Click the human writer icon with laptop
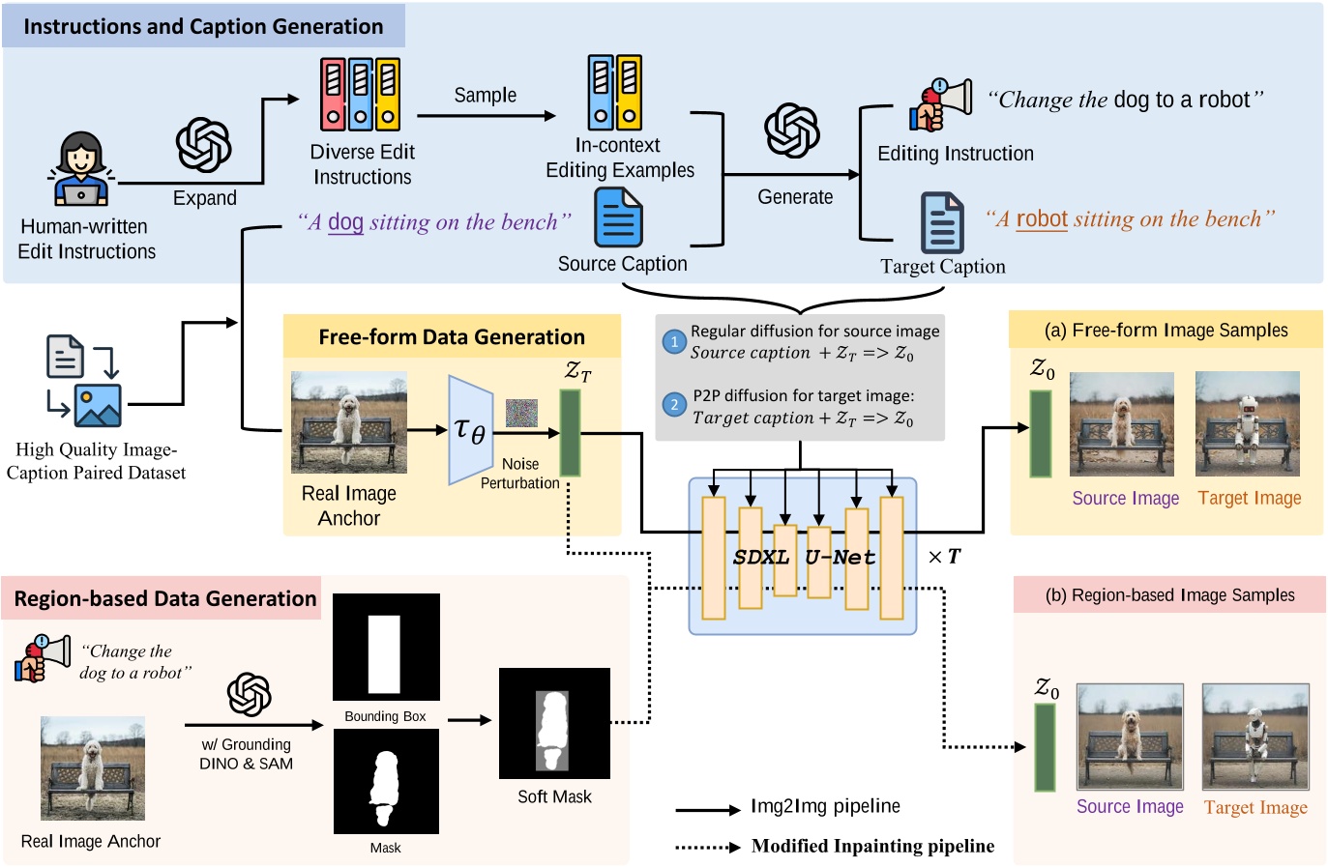(80, 170)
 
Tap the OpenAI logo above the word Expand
(203, 145)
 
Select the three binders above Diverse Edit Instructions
(360, 94)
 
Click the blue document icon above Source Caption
(618, 217)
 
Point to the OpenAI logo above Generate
(792, 130)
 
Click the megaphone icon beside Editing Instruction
(940, 105)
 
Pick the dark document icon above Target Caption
(942, 222)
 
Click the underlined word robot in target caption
(1042, 219)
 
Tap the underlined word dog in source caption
(345, 222)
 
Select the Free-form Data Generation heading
(452, 337)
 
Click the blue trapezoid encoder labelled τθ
(471, 430)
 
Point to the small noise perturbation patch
(521, 414)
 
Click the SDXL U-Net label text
(804, 557)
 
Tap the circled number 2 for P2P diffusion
(674, 405)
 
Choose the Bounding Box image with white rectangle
(386, 647)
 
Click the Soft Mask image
(554, 723)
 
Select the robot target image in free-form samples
(1248, 424)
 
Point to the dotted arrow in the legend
(707, 847)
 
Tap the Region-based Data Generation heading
(165, 599)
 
